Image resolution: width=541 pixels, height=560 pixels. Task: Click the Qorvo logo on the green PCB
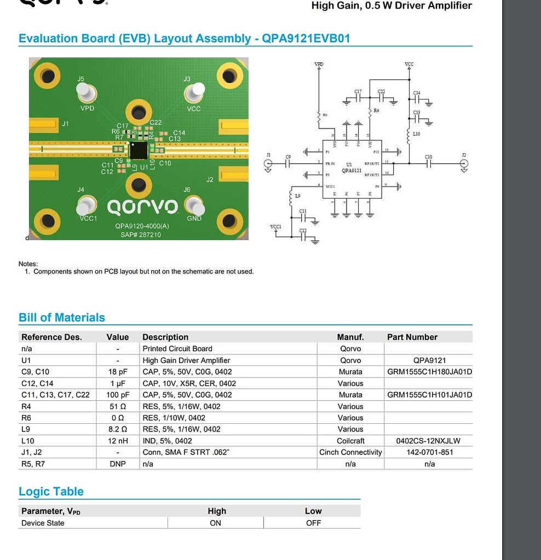[142, 207]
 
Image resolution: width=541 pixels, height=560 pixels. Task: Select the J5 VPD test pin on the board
[87, 94]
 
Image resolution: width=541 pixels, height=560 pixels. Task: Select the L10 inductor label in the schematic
[416, 134]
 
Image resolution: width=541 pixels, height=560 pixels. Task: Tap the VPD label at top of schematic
[319, 65]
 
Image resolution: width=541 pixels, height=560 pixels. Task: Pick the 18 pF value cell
[117, 372]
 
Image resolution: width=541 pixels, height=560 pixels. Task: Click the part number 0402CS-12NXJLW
[429, 441]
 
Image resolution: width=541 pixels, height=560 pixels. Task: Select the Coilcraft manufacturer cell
[350, 441]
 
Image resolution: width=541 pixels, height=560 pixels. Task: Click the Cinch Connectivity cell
[350, 452]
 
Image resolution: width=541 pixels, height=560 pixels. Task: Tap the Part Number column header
[412, 337]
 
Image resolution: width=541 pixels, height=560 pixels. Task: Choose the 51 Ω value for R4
[117, 406]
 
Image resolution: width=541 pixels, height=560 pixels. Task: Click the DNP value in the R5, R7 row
[117, 464]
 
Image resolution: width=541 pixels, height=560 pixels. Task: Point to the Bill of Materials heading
[62, 318]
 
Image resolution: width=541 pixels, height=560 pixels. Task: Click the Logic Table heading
[51, 492]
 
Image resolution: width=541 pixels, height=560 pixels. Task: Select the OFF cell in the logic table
[313, 523]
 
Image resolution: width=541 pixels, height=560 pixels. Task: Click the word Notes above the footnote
[28, 264]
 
